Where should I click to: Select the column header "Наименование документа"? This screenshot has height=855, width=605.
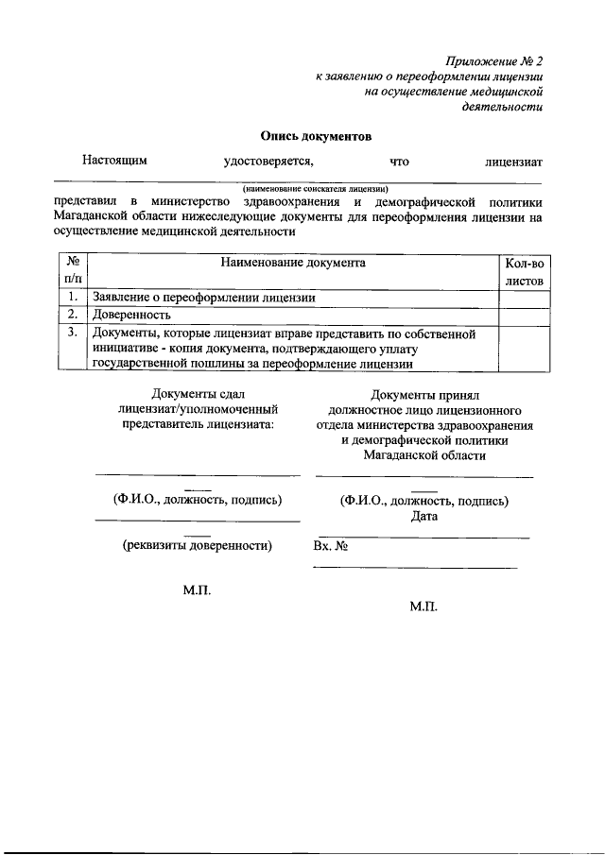pyautogui.click(x=293, y=263)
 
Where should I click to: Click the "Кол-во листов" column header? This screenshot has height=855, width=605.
pyautogui.click(x=523, y=271)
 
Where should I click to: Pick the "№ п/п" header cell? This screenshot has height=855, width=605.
pyautogui.click(x=72, y=271)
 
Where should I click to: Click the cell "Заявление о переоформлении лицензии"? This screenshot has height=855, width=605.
pyautogui.click(x=203, y=298)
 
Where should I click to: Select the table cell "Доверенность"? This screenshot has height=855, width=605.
pyautogui.click(x=131, y=315)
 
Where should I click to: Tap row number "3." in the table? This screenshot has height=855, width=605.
pyautogui.click(x=72, y=333)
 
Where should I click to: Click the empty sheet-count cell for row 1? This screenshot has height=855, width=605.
pyautogui.click(x=523, y=298)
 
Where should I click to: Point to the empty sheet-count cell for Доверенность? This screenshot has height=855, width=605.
pyautogui.click(x=523, y=315)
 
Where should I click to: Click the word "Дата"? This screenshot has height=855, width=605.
pyautogui.click(x=424, y=517)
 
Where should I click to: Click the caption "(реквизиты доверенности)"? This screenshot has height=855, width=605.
pyautogui.click(x=197, y=545)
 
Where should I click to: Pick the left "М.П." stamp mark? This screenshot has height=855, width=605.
pyautogui.click(x=197, y=590)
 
